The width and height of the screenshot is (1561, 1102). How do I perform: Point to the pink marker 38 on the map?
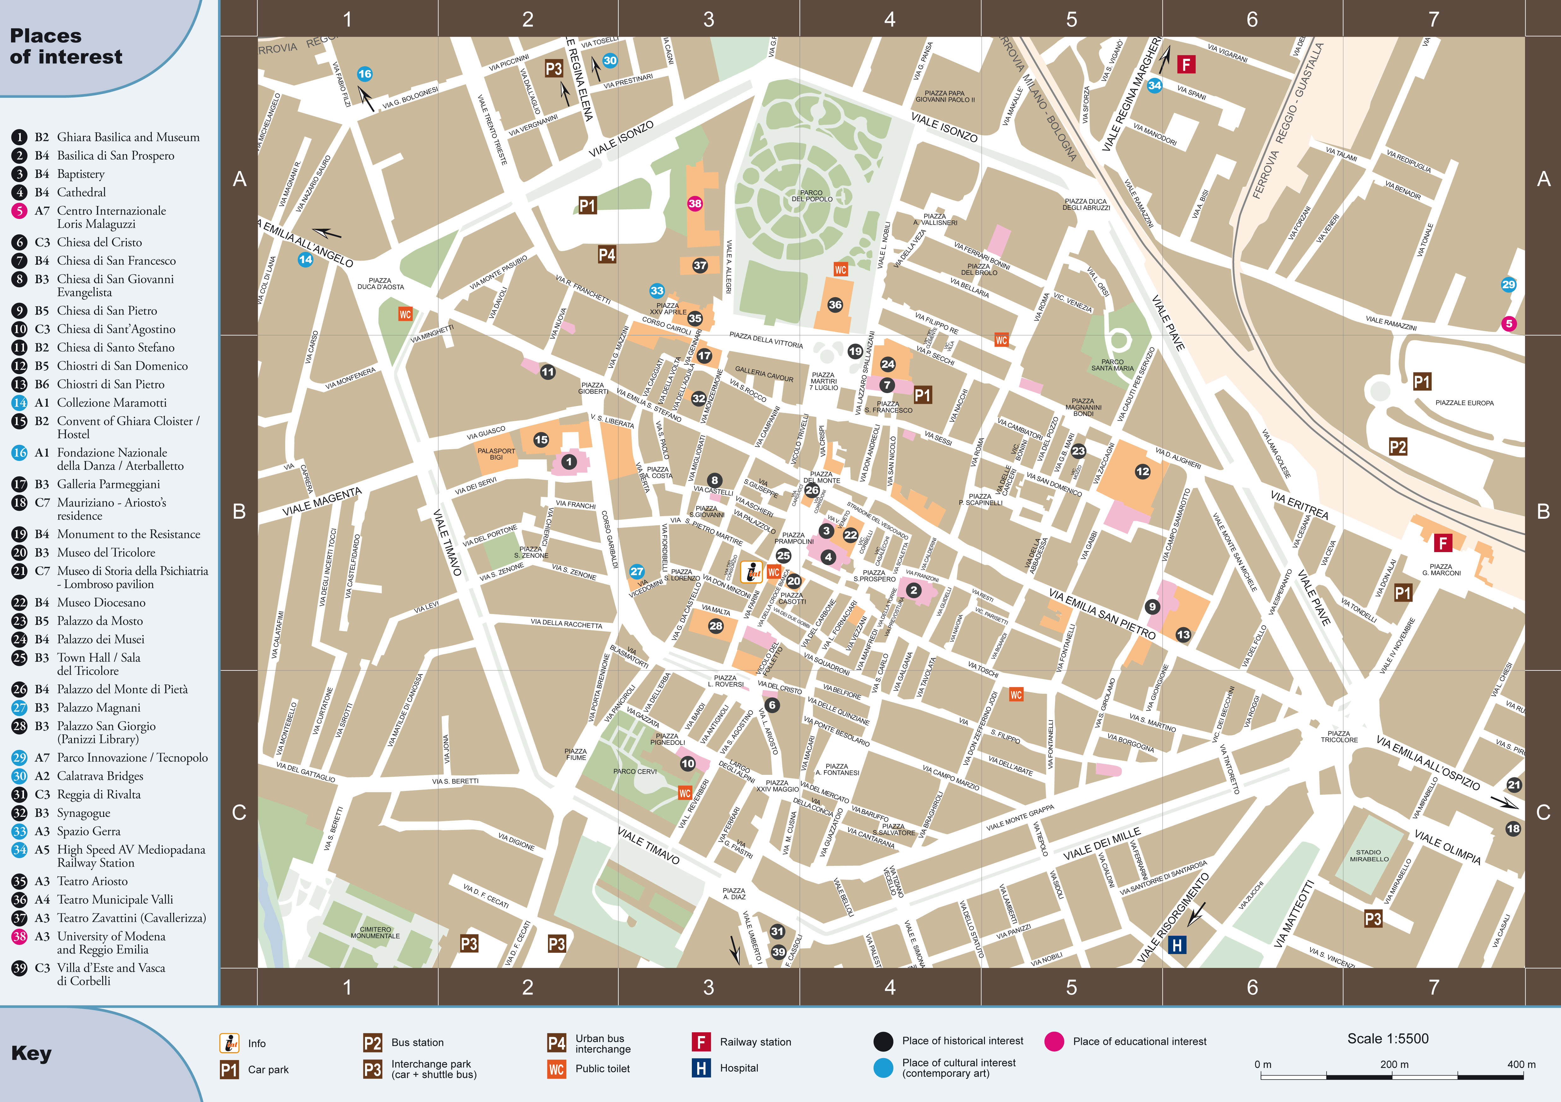tap(694, 203)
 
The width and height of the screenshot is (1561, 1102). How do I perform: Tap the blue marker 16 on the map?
tap(364, 74)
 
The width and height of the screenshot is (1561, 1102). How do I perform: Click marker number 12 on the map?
tap(1142, 471)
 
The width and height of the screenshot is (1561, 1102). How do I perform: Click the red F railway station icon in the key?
tap(701, 1041)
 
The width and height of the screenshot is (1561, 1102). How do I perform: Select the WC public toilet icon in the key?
tap(556, 1069)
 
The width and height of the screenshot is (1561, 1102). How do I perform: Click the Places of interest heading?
tap(66, 46)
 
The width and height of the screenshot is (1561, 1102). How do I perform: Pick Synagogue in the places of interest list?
tap(83, 813)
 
